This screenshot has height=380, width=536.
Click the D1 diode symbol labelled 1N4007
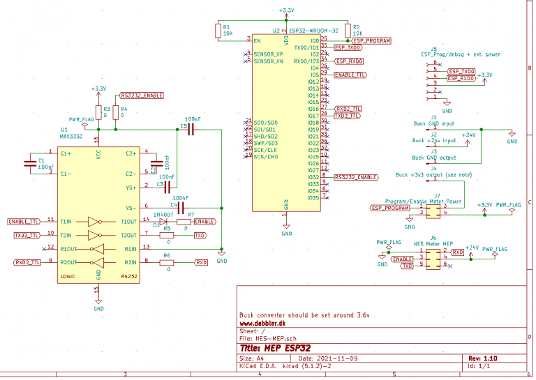[165, 222]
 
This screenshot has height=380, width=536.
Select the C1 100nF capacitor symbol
[29, 163]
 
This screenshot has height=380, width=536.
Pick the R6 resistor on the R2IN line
[166, 262]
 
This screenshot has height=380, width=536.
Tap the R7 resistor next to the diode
[183, 222]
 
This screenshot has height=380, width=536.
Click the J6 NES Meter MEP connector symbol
[433, 259]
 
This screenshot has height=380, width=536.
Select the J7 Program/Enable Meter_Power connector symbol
[433, 211]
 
